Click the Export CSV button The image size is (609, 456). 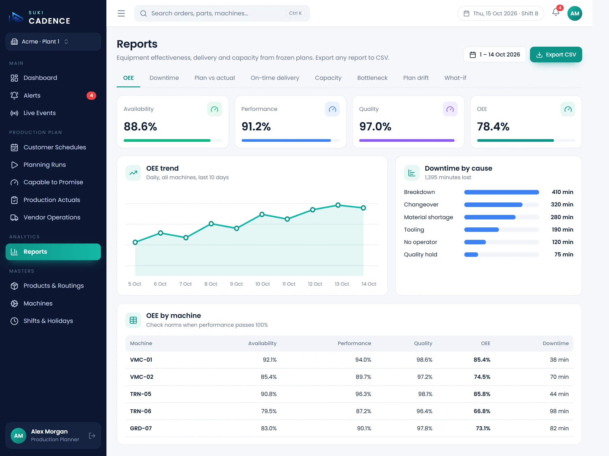pyautogui.click(x=556, y=54)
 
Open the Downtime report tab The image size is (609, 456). pyautogui.click(x=164, y=78)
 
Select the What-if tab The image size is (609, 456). pyautogui.click(x=455, y=78)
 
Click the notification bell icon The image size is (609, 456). pyautogui.click(x=556, y=12)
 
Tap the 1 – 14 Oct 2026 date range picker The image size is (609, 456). pyautogui.click(x=495, y=54)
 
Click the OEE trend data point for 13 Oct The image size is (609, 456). pyautogui.click(x=338, y=205)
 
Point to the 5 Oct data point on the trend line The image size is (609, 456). pyautogui.click(x=135, y=242)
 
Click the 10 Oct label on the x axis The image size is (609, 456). pyautogui.click(x=262, y=284)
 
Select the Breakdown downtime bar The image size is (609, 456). pyautogui.click(x=501, y=192)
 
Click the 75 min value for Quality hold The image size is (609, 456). pyautogui.click(x=564, y=254)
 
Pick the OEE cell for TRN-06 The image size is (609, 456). pyautogui.click(x=482, y=411)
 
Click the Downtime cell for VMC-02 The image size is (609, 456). pyautogui.click(x=559, y=377)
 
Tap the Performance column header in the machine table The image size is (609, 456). pyautogui.click(x=354, y=343)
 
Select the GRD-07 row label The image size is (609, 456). pyautogui.click(x=141, y=428)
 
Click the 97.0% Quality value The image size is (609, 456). pyautogui.click(x=375, y=127)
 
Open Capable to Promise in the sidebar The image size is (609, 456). pyautogui.click(x=53, y=182)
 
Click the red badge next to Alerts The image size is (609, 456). pyautogui.click(x=91, y=96)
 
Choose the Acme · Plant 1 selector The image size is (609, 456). pyautogui.click(x=53, y=42)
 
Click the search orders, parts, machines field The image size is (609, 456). pyautogui.click(x=222, y=13)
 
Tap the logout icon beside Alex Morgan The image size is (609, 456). pyautogui.click(x=92, y=436)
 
